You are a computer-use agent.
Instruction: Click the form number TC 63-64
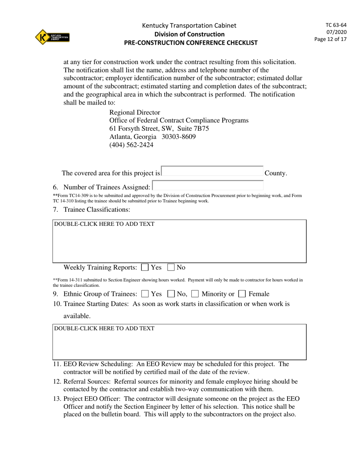336,25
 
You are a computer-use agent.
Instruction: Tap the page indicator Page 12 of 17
330,39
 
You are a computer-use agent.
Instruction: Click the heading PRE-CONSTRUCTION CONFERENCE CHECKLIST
191,43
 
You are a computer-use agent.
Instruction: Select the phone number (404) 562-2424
131,145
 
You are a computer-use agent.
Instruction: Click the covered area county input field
212,172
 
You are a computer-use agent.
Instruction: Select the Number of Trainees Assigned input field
207,186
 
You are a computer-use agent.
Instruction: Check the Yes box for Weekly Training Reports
145,267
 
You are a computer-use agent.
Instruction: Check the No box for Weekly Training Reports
171,267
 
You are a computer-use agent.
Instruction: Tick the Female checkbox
242,294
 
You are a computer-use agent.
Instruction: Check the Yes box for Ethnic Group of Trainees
145,294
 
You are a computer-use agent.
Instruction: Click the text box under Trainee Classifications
179,241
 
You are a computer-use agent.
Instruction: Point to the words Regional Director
135,113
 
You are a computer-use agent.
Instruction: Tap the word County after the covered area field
275,174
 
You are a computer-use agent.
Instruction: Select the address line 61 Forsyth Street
159,128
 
